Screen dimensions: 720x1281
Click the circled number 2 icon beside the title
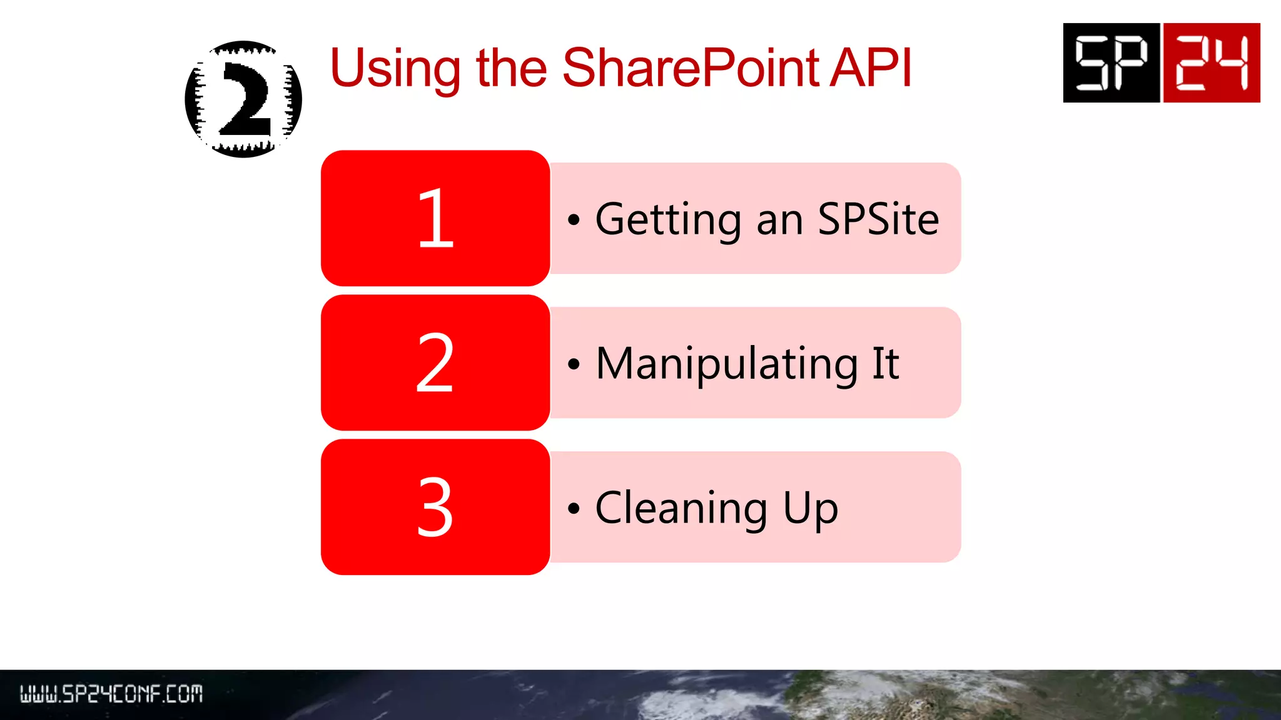point(243,99)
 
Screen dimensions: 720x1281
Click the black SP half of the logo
point(1111,62)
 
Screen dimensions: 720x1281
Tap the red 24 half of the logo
point(1212,62)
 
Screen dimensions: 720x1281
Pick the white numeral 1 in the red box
point(435,219)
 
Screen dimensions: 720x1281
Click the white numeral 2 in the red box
point(435,362)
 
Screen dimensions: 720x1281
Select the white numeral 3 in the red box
point(435,507)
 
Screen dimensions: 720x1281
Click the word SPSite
point(878,219)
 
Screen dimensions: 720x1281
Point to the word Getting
point(668,220)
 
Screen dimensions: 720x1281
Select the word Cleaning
point(681,508)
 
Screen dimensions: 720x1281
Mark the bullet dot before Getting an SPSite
point(574,220)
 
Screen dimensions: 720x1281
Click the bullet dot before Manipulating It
point(574,364)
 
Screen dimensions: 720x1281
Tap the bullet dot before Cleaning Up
point(574,508)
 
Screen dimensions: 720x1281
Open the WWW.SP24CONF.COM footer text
point(111,694)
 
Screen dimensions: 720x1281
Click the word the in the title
point(511,68)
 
